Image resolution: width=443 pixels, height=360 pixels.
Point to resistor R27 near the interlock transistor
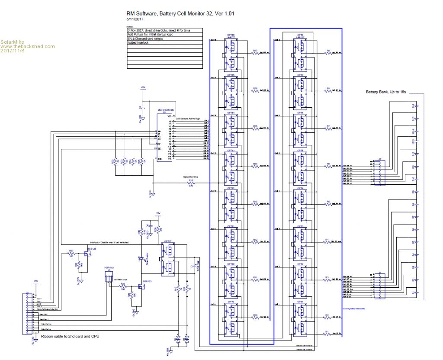point(71,253)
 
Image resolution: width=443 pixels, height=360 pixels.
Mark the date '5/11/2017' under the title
point(135,19)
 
